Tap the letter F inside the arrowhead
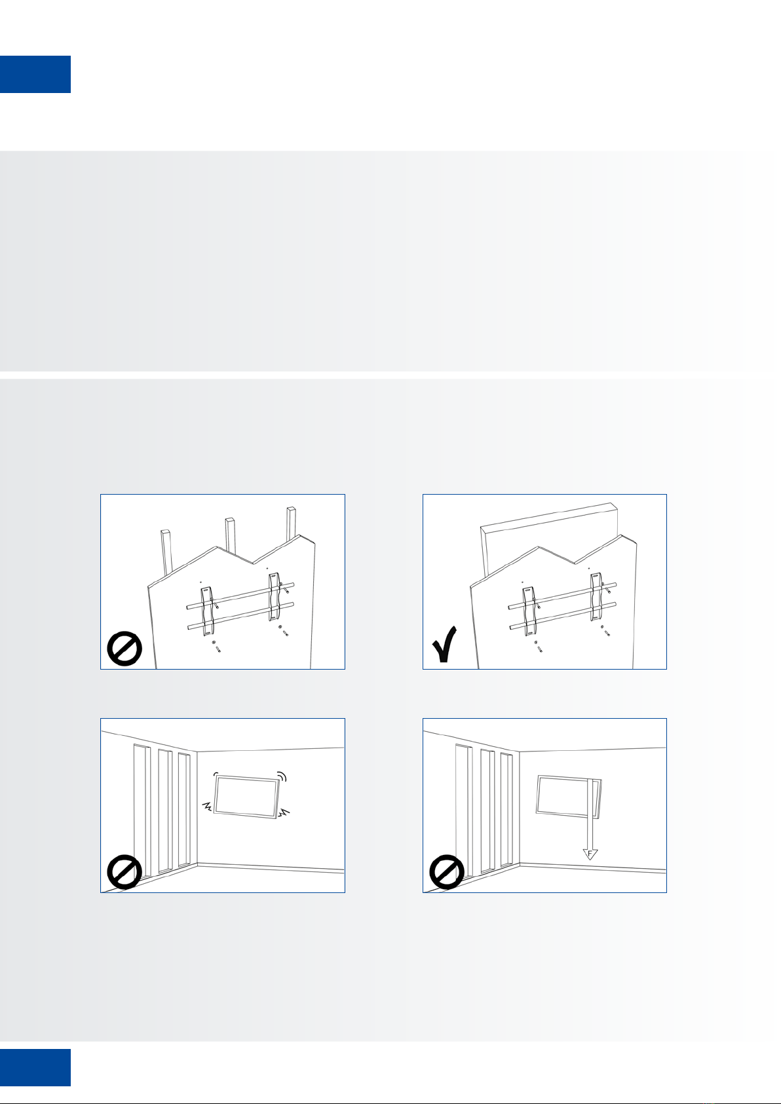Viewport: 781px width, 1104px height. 590,853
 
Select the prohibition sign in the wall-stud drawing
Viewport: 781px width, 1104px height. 124,649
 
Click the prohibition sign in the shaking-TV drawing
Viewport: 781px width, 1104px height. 124,872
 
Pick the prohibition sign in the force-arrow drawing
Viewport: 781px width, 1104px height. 447,872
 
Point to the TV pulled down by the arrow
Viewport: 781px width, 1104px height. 569,797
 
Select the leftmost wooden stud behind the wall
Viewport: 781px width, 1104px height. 167,552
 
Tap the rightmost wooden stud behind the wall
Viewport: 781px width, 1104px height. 292,523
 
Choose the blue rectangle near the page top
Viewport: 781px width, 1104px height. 35,74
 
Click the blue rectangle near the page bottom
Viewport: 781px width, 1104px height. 35,1067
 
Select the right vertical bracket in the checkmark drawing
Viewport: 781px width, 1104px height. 597,596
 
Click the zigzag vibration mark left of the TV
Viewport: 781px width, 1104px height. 208,807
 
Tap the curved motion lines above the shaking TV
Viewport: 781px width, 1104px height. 281,776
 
